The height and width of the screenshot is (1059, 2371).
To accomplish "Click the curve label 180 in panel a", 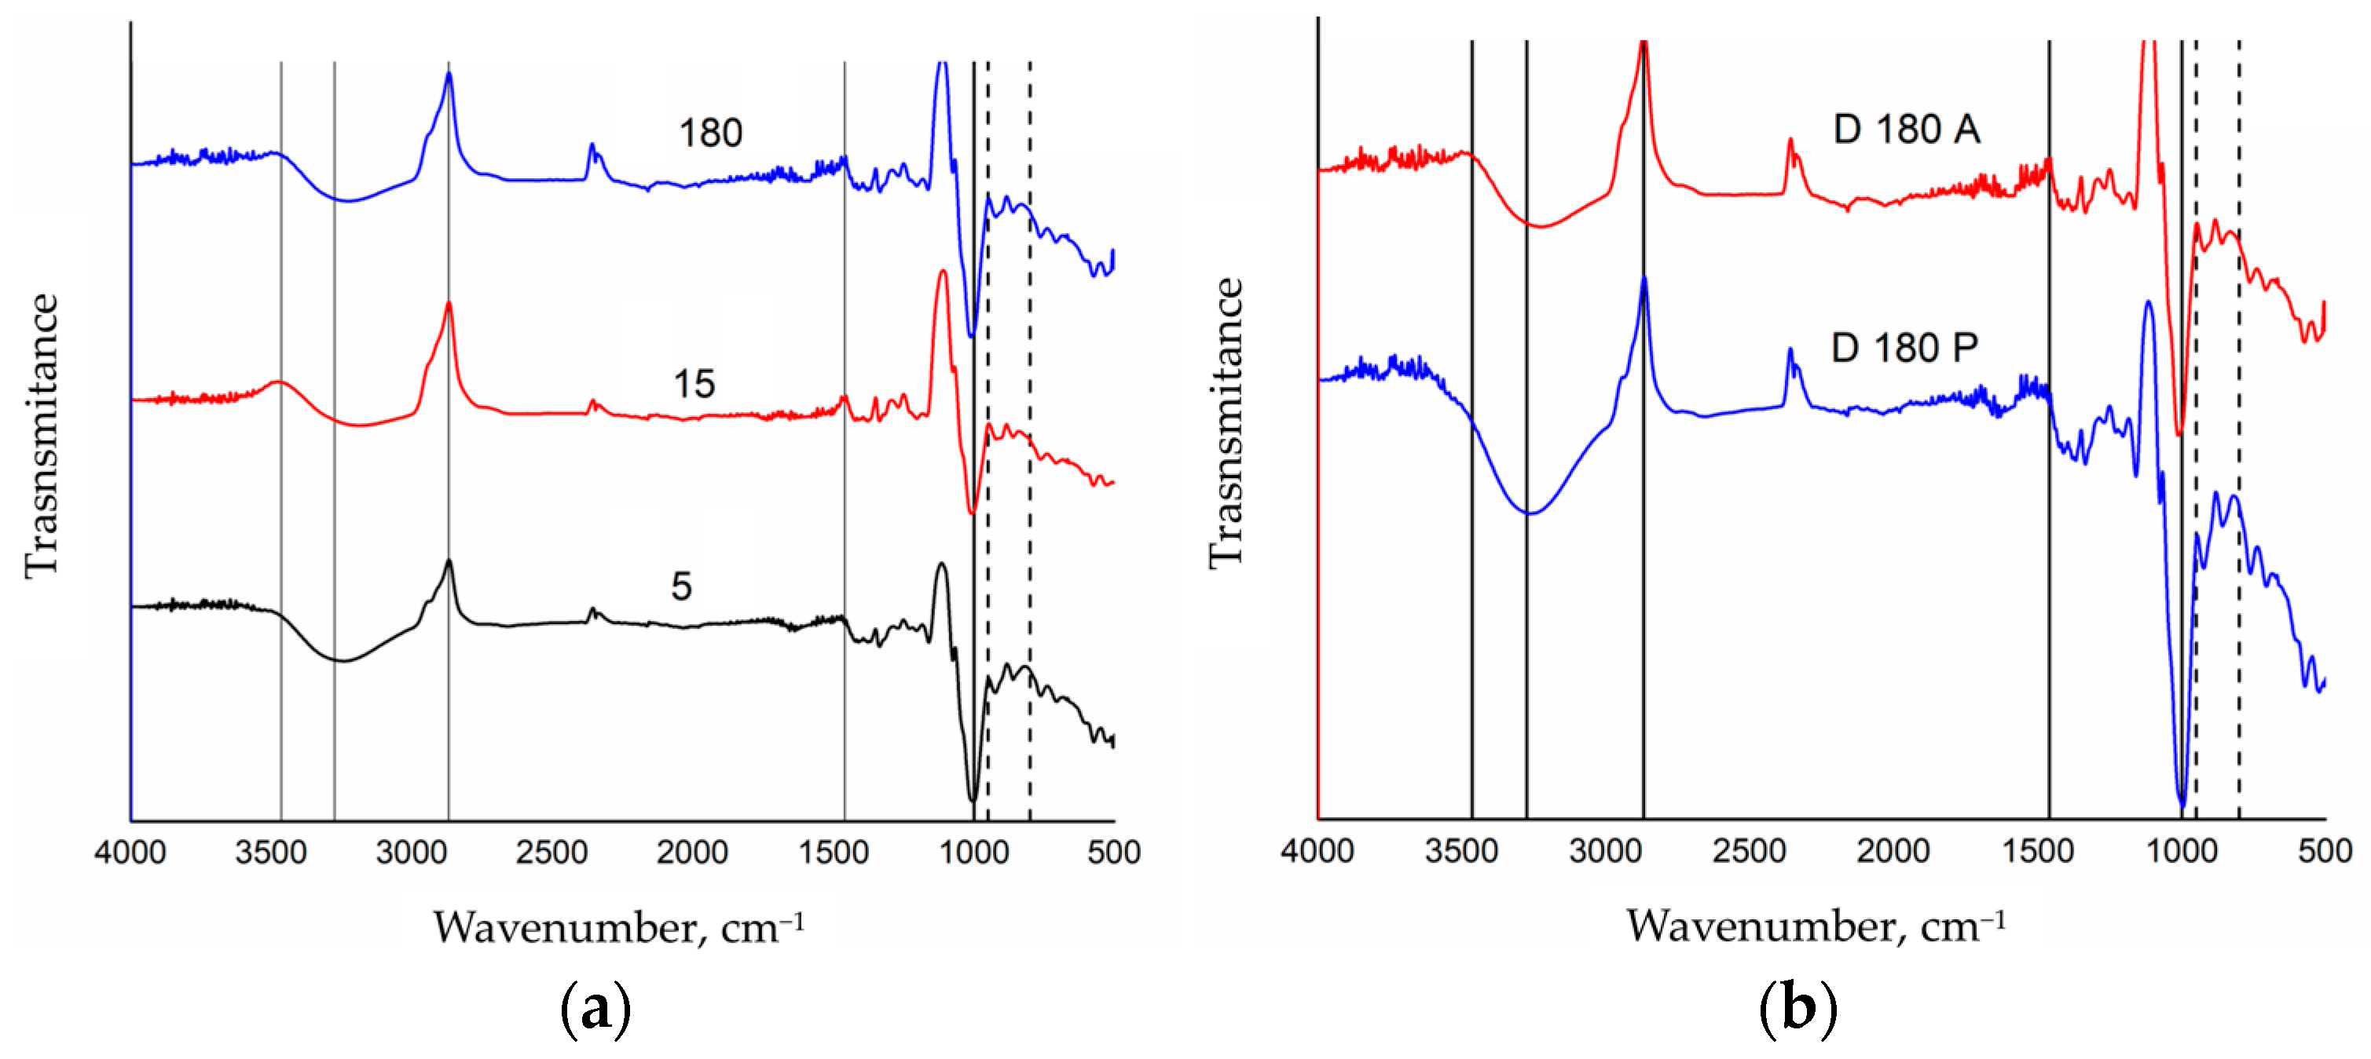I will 709,133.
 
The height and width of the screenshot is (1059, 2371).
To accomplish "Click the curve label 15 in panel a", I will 693,384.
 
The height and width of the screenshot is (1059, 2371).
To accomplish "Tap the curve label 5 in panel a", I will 680,586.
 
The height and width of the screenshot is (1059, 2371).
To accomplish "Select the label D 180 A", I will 1905,129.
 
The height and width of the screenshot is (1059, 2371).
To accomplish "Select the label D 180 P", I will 1904,348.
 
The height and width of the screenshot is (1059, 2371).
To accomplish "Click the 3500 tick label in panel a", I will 270,852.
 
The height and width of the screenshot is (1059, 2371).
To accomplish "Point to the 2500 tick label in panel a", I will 552,852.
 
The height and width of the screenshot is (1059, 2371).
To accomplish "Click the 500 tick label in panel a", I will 1112,852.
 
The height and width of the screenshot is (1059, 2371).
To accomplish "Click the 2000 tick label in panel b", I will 1893,850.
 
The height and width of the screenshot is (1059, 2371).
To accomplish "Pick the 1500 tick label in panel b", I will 2037,850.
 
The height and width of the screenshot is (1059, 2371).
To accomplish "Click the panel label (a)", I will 595,1009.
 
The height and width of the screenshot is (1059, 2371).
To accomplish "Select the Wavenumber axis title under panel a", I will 618,927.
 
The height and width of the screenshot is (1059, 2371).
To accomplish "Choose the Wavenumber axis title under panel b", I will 1815,926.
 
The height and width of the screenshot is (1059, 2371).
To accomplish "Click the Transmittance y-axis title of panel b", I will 1226,423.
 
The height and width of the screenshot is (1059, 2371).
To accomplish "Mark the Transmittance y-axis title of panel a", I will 42,435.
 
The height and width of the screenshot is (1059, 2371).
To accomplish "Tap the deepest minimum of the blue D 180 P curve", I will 2182,805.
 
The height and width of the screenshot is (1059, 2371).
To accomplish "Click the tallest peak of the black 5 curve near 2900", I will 449,561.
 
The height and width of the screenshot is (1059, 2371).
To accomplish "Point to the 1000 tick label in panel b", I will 2182,850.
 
